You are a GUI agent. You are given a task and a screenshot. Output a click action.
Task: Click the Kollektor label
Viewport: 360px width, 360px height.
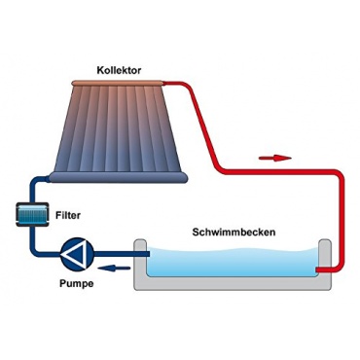119,70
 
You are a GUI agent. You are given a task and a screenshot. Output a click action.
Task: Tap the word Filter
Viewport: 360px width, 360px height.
68,215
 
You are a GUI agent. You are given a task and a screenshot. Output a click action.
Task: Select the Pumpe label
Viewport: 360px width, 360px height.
77,283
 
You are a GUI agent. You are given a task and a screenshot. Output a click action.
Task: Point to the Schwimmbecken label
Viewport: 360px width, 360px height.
234,233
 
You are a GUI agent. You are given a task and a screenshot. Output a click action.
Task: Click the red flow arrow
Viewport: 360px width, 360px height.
275,158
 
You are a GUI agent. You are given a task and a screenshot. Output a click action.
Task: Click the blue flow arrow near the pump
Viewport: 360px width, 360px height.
114,268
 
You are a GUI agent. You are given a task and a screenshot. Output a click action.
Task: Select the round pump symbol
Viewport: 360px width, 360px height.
78,254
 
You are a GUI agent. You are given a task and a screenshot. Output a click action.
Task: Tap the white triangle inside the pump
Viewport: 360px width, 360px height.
75,254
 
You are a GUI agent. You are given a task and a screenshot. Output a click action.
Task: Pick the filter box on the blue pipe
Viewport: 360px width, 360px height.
32,214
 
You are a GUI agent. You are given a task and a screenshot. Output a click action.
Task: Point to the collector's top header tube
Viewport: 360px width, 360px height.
117,83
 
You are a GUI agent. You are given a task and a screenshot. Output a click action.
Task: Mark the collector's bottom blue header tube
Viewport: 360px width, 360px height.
119,177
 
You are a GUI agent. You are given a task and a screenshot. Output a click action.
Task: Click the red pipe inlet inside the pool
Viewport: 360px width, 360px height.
323,270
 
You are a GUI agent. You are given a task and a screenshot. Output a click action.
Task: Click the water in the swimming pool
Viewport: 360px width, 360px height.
232,263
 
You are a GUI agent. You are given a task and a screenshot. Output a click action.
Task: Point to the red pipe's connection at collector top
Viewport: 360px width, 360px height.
164,84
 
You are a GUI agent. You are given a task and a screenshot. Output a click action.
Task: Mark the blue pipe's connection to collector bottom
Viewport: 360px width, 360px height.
48,178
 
